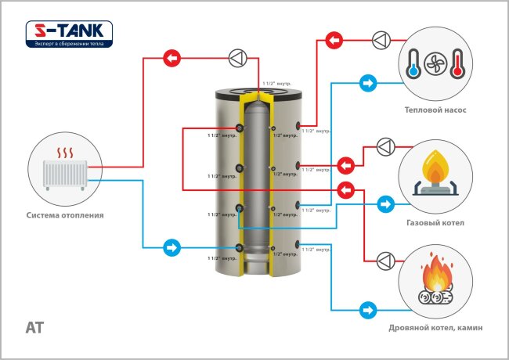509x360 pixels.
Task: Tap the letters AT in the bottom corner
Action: pyautogui.click(x=35, y=326)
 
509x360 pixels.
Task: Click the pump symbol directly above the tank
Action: pyautogui.click(x=236, y=58)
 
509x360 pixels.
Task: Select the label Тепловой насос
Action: pyautogui.click(x=435, y=110)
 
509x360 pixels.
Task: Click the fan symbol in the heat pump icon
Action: pyautogui.click(x=435, y=66)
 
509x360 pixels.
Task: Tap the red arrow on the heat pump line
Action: pyautogui.click(x=334, y=39)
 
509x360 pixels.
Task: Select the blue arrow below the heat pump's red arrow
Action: pyautogui.click(x=366, y=81)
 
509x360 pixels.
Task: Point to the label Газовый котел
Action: pyautogui.click(x=435, y=223)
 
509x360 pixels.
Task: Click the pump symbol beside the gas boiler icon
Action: pyautogui.click(x=385, y=147)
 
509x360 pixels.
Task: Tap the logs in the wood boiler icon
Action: pyautogui.click(x=436, y=298)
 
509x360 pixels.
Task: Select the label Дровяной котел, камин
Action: pyautogui.click(x=435, y=327)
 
